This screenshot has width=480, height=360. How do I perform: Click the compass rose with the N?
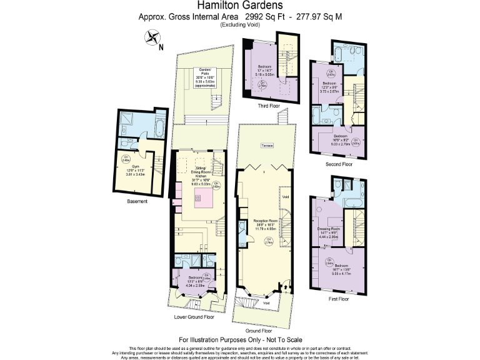(x=152, y=39)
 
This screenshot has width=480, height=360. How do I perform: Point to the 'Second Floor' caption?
(x=339, y=164)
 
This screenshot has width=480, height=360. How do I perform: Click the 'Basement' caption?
(x=137, y=201)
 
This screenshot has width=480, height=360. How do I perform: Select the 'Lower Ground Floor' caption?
(x=194, y=317)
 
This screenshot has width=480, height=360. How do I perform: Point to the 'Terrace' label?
(x=267, y=146)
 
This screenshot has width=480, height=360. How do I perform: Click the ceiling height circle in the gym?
(x=126, y=158)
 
